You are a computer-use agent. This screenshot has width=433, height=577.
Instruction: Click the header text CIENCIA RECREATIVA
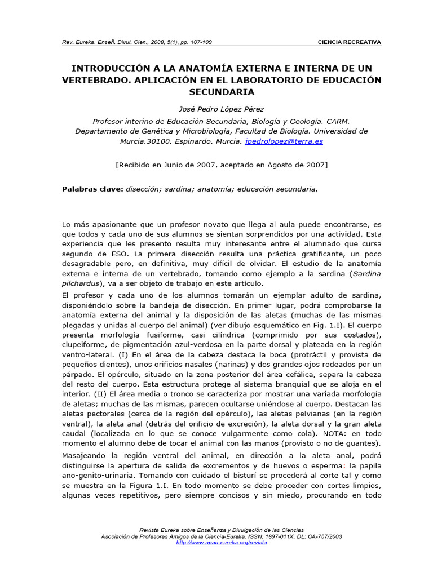(x=350, y=42)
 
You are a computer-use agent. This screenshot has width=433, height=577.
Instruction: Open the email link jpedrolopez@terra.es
(x=284, y=141)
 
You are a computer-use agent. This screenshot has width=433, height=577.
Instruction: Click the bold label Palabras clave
(x=92, y=189)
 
